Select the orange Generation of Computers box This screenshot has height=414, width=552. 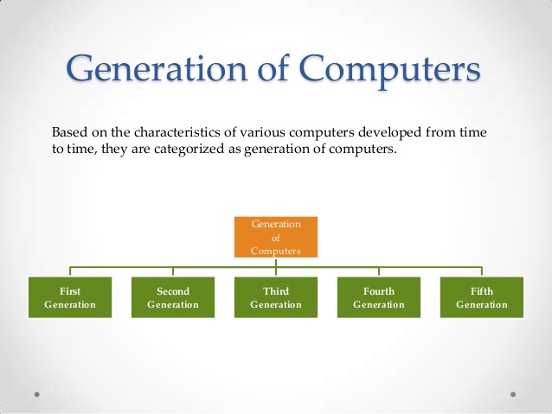tap(276, 237)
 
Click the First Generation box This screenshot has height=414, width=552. tap(70, 297)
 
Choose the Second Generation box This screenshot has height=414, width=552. tap(173, 297)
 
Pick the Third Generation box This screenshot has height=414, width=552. tap(276, 297)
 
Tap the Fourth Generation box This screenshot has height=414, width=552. tap(379, 297)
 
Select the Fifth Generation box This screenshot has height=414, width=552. tap(482, 297)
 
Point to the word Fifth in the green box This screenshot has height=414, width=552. tap(482, 291)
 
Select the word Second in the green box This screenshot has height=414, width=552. tap(173, 291)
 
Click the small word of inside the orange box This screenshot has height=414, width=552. tap(276, 237)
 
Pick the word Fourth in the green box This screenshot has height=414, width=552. tap(379, 291)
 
